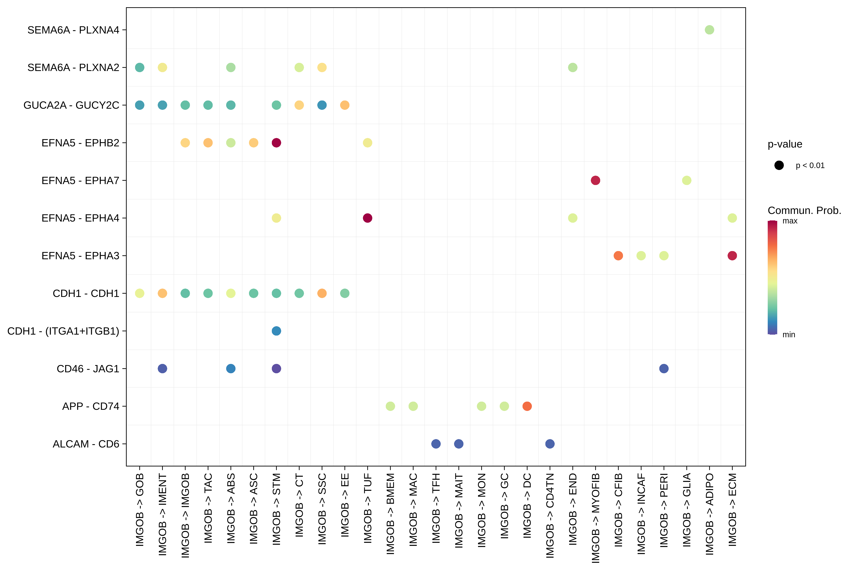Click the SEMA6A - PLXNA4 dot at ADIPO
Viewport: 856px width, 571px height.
tap(709, 30)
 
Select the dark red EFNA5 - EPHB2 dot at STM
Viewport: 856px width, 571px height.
tap(276, 143)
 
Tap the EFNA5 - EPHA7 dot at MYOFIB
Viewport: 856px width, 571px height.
tap(595, 180)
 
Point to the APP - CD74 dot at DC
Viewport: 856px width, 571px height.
tap(527, 406)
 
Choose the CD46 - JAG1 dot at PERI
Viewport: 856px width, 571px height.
tap(663, 368)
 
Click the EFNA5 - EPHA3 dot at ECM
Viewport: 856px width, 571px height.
tap(732, 256)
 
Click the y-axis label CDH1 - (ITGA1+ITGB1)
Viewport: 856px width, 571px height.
tap(63, 331)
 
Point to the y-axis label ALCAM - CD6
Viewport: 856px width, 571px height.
tap(86, 444)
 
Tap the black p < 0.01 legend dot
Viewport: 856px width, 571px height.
tap(779, 165)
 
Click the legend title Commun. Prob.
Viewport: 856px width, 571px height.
tap(804, 211)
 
